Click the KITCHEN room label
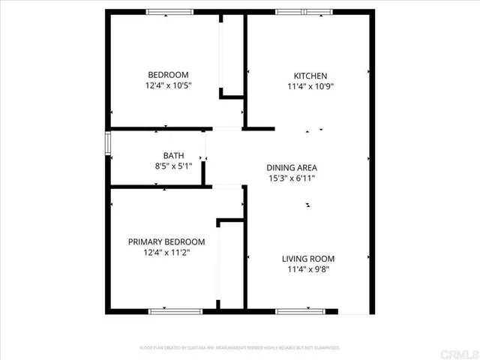pyautogui.click(x=310, y=76)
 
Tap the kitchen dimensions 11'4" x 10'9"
pyautogui.click(x=310, y=86)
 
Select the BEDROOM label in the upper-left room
pyautogui.click(x=168, y=75)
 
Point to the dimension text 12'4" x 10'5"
pyautogui.click(x=168, y=85)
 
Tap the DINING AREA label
pyautogui.click(x=292, y=167)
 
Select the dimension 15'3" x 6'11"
pyautogui.click(x=292, y=178)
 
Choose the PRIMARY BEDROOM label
pyautogui.click(x=166, y=241)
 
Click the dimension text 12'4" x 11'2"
pyautogui.click(x=166, y=253)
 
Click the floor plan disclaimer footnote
pyautogui.click(x=240, y=348)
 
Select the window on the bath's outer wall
pyautogui.click(x=108, y=142)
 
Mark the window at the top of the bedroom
pyautogui.click(x=169, y=12)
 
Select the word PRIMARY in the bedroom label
pyautogui.click(x=143, y=241)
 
